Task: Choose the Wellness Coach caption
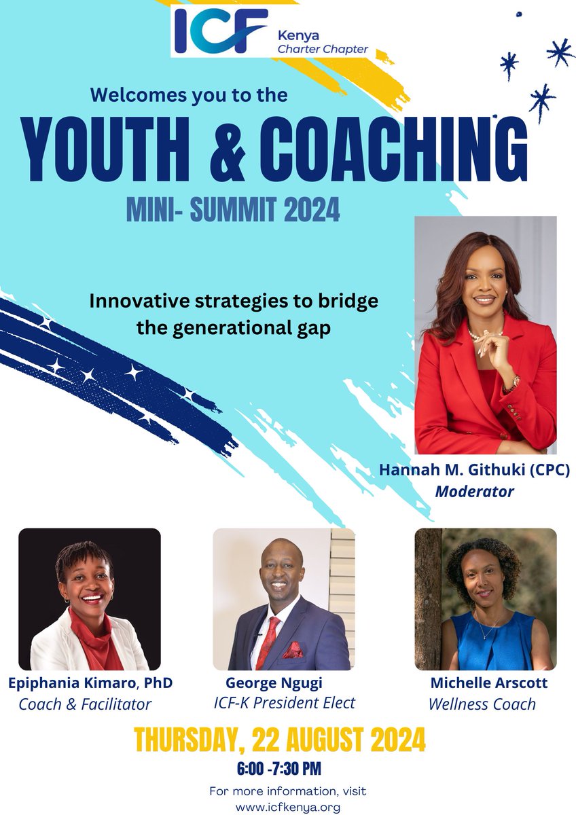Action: click(x=482, y=704)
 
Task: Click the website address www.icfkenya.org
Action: click(x=287, y=808)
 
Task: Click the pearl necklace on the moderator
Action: click(x=484, y=333)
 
